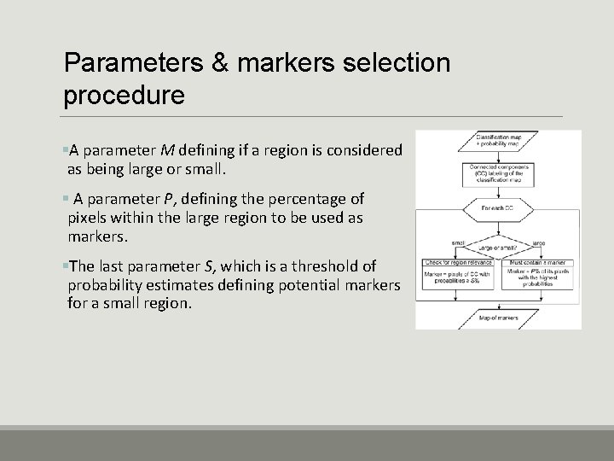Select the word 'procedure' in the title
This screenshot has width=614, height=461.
click(x=124, y=94)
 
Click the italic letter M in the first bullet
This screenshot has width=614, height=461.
click(x=165, y=150)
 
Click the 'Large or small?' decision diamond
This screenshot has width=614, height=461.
click(x=498, y=248)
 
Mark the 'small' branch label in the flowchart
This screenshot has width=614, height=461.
click(x=458, y=242)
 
